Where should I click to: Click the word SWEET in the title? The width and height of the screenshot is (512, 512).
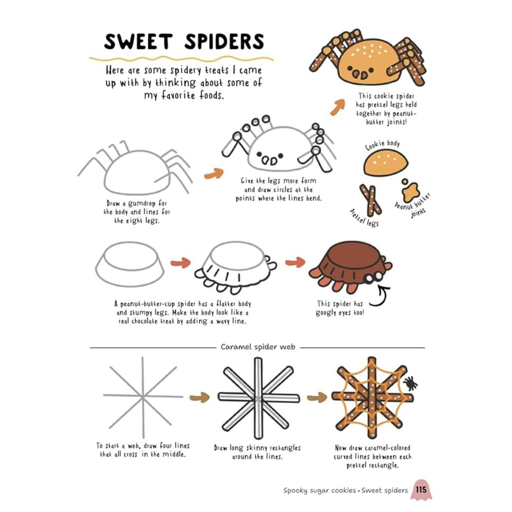pyautogui.click(x=138, y=42)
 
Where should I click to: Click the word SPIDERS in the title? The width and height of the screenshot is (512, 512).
pyautogui.click(x=224, y=41)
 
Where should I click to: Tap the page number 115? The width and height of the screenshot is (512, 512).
pyautogui.click(x=421, y=490)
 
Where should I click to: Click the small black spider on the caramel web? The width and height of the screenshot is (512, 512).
pyautogui.click(x=410, y=382)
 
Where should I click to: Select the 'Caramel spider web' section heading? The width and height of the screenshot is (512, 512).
pyautogui.click(x=258, y=347)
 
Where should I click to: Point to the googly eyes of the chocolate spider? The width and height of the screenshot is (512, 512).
pyautogui.click(x=374, y=277)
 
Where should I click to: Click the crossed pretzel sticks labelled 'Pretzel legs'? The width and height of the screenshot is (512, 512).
pyautogui.click(x=370, y=200)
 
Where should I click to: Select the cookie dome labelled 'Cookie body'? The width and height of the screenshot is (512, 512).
pyautogui.click(x=385, y=162)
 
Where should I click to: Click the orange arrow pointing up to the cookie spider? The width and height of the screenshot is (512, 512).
pyautogui.click(x=337, y=107)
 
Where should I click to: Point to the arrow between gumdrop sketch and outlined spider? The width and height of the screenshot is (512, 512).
pyautogui.click(x=214, y=173)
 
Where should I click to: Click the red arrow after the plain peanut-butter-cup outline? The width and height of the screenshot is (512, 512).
pyautogui.click(x=180, y=262)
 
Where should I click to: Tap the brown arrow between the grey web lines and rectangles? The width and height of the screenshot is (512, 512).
pyautogui.click(x=199, y=397)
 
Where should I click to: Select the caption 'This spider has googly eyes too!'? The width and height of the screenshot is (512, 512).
pyautogui.click(x=339, y=308)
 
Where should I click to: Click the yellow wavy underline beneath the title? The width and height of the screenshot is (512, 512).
pyautogui.click(x=181, y=59)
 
